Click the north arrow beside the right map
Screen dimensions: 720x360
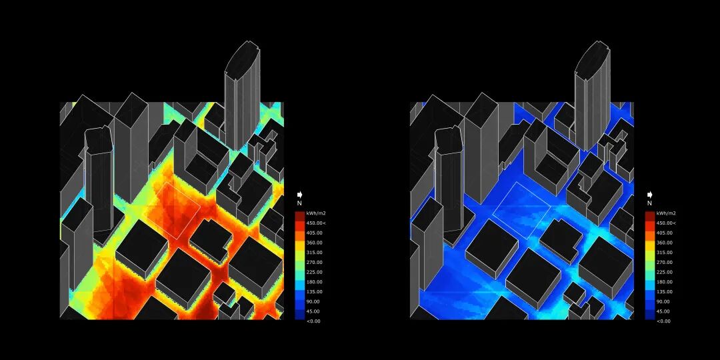point(650,195)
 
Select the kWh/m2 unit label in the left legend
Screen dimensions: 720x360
point(317,213)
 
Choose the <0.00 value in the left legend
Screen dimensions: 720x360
point(315,321)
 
